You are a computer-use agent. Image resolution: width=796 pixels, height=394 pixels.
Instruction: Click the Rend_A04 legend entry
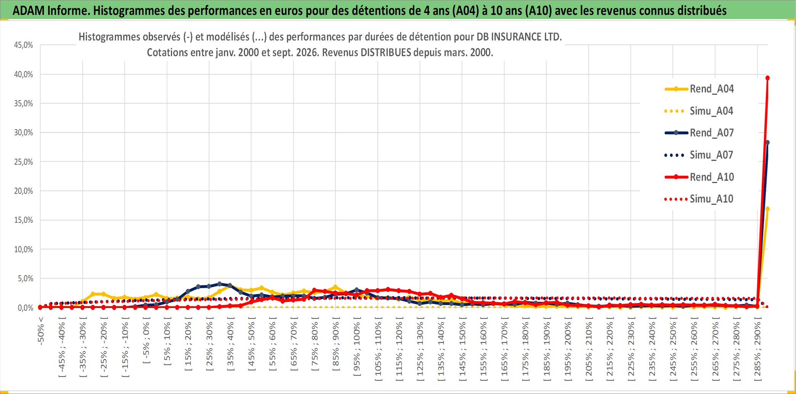point(699,89)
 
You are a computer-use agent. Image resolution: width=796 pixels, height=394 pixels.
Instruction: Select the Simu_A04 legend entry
point(699,111)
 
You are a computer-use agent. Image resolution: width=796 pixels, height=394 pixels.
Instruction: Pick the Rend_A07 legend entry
point(699,133)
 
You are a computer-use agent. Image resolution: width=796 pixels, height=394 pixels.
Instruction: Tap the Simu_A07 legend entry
point(699,155)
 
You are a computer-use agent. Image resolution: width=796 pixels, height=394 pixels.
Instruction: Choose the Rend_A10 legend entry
point(699,177)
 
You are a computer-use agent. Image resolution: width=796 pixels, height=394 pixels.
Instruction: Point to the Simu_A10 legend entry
point(699,199)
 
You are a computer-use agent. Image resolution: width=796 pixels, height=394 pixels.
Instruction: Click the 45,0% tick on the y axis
point(24,45)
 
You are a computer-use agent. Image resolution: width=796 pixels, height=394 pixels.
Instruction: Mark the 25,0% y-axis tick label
point(24,162)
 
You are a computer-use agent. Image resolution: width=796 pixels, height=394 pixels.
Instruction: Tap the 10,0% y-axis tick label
point(24,249)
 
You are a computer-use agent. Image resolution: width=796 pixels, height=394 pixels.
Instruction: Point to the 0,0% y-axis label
point(26,308)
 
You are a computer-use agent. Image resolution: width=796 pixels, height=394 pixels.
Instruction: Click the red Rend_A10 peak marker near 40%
point(767,78)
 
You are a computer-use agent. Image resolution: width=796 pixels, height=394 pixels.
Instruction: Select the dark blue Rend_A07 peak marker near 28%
point(767,143)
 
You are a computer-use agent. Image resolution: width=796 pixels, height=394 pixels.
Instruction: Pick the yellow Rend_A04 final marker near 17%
point(767,209)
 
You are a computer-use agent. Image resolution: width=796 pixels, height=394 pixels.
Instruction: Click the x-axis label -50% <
point(41,331)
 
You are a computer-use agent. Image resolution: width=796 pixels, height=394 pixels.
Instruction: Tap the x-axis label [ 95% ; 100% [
point(357,349)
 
